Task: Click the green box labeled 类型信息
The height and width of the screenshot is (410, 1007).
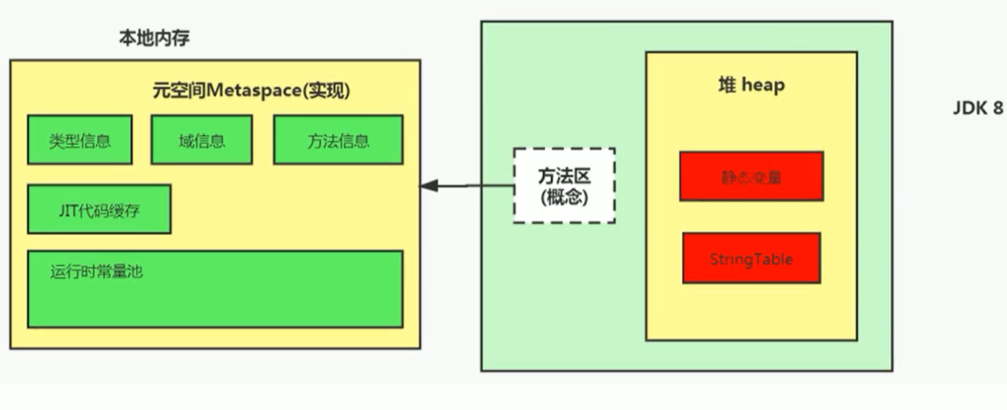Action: click(x=79, y=140)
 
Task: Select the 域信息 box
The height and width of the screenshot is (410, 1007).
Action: click(x=201, y=140)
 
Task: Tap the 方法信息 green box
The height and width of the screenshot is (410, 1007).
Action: click(x=338, y=140)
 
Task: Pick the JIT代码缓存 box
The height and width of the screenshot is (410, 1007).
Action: click(x=99, y=209)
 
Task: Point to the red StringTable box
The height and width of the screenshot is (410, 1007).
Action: click(x=751, y=259)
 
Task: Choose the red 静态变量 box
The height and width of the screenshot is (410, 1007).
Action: click(x=751, y=176)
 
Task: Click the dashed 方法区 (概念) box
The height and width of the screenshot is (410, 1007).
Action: click(x=564, y=185)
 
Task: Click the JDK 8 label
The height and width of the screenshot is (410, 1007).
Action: click(x=976, y=108)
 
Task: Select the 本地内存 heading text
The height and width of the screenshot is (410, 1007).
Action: click(x=155, y=39)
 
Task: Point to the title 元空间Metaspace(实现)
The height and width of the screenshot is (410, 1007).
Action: click(x=251, y=91)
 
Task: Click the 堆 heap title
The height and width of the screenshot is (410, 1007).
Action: click(x=751, y=85)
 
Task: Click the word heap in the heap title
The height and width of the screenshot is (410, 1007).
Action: click(x=763, y=85)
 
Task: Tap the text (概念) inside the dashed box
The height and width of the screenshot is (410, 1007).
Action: click(x=564, y=197)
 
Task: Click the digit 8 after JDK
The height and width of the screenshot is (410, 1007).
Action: click(x=997, y=108)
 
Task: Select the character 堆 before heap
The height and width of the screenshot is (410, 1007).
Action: click(x=727, y=85)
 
